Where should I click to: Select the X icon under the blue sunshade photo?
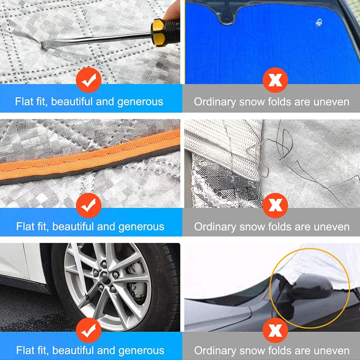(x=273, y=81)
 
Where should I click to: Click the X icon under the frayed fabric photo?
(x=272, y=205)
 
